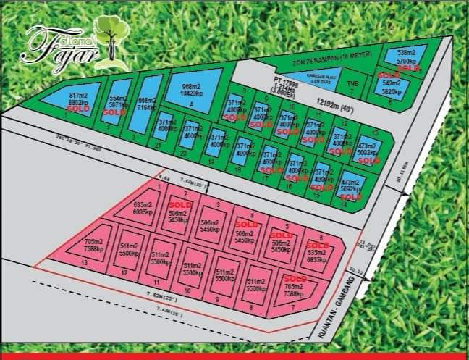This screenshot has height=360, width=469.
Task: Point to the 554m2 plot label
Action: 119,100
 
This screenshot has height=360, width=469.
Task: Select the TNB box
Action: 352,85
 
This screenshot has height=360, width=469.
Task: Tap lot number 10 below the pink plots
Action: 187,290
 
